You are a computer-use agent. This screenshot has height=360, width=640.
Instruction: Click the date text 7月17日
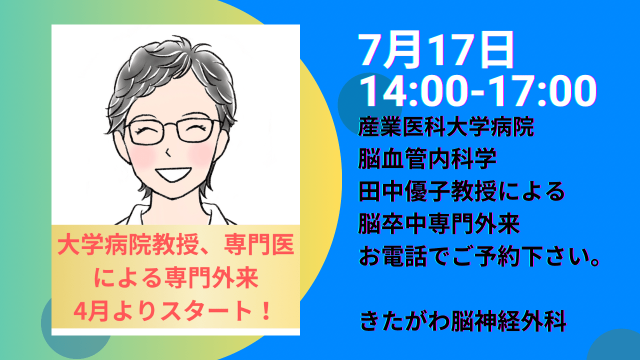coord(435,50)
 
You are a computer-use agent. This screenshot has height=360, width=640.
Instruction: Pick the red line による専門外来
coord(176,278)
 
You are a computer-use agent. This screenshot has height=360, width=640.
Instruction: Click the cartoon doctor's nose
coord(168,152)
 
